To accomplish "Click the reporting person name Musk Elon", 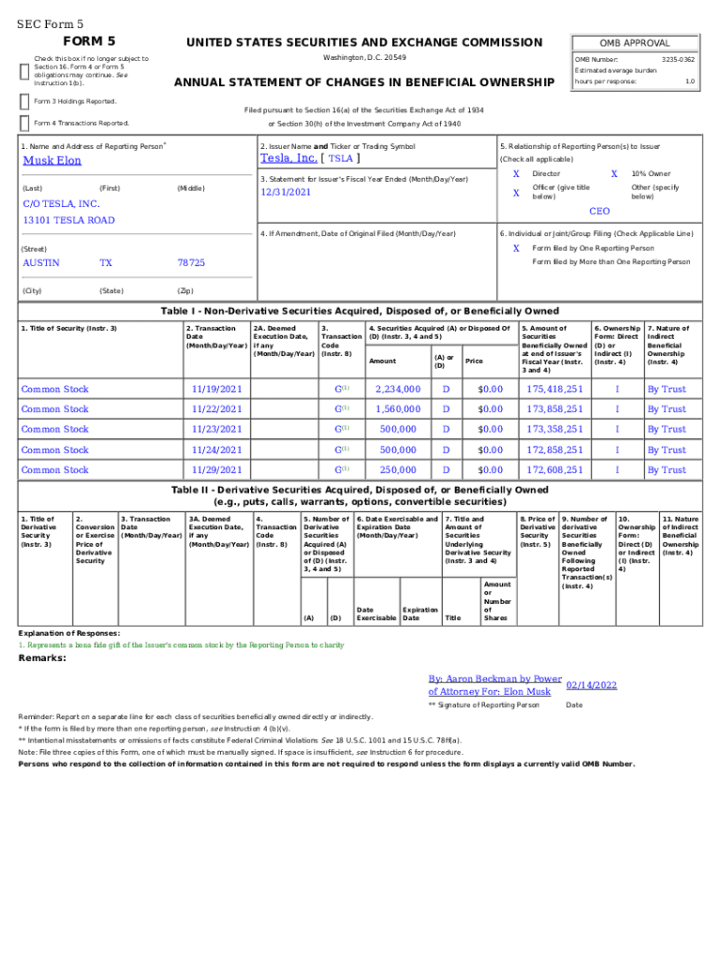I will pos(51,160).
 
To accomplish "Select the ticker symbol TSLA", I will pos(340,159).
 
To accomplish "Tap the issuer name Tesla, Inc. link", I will pos(287,158).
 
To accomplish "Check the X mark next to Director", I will pos(516,174).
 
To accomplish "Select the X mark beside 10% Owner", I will pos(614,174).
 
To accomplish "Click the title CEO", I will pos(599,212).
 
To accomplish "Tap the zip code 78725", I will pos(191,263).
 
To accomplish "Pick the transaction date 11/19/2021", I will pos(216,389).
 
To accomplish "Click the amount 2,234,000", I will pos(398,389).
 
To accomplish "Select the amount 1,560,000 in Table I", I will pos(398,409).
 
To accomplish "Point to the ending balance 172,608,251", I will pos(554,470).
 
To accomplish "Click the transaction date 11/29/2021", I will pos(216,470).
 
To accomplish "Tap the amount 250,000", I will pos(398,470).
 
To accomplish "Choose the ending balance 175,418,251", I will pos(554,389).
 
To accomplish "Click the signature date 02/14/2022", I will pos(592,686).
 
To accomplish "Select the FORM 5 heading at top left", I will pos(89,41).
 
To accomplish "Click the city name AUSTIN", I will pos(40,263).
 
